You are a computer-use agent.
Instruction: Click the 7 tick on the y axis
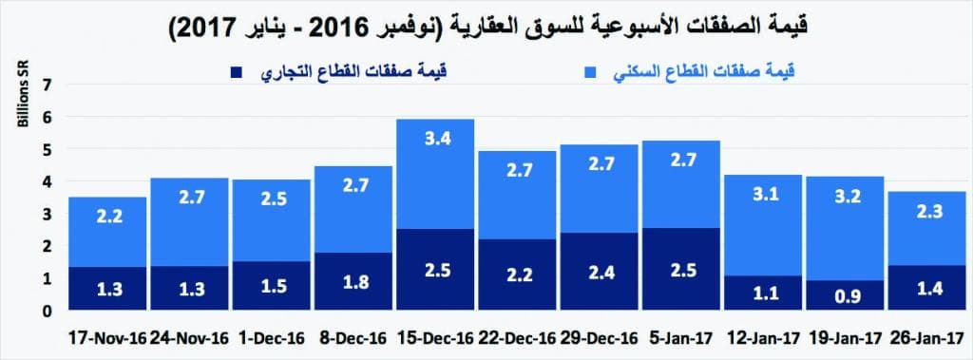[46, 85]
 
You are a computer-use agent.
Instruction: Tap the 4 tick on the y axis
[46, 181]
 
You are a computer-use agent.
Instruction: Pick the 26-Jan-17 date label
[925, 337]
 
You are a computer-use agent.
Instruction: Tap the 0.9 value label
[844, 296]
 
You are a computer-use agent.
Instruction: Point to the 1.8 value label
[352, 281]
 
